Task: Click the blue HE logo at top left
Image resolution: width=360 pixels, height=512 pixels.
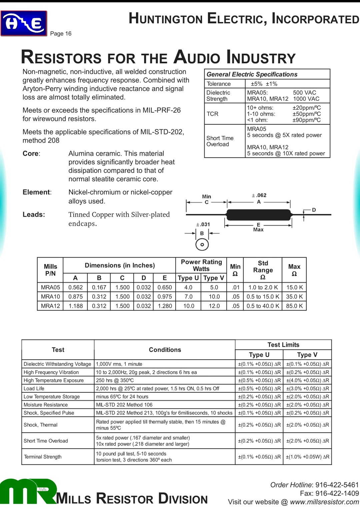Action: click(24, 23)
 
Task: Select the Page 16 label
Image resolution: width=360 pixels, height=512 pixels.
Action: click(61, 34)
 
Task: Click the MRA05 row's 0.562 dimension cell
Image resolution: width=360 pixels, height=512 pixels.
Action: click(75, 287)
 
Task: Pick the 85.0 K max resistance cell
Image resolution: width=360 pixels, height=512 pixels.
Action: click(294, 306)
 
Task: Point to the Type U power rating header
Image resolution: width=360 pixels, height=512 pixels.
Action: click(188, 278)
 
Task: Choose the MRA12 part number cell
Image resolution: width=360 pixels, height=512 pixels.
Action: click(50, 306)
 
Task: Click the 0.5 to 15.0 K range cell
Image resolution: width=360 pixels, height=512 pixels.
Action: click(263, 297)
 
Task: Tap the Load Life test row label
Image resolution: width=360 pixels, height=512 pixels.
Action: click(34, 389)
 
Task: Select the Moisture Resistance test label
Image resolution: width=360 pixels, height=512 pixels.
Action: click(46, 405)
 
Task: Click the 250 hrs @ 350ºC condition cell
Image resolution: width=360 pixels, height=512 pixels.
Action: click(115, 380)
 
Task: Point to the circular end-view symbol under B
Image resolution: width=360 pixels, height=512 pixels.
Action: click(202, 245)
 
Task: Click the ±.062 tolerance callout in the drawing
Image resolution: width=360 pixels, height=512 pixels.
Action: click(259, 195)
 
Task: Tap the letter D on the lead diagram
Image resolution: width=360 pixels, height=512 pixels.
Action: click(314, 210)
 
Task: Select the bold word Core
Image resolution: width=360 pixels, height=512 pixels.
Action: click(31, 154)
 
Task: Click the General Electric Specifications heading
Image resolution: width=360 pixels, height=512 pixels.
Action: click(252, 74)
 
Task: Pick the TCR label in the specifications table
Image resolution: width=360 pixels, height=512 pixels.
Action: click(212, 114)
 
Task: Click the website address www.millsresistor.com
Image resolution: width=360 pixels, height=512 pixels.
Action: click(324, 502)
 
